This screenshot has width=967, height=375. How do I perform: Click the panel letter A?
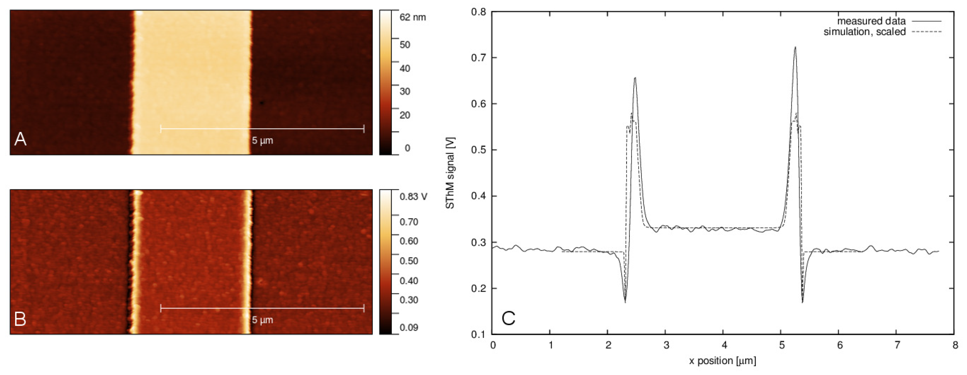coord(20,139)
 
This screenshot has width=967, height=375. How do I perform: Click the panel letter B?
coord(20,319)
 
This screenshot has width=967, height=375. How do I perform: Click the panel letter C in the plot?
coord(508,318)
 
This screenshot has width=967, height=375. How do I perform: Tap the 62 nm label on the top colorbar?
coord(413,17)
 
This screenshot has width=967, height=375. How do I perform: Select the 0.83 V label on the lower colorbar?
coord(413,197)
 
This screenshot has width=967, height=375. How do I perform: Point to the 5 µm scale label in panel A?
coord(262,141)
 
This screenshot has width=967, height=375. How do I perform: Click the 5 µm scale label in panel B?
coord(262,320)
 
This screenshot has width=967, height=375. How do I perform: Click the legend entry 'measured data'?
coord(871,21)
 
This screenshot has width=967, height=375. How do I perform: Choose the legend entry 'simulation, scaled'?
coord(865,32)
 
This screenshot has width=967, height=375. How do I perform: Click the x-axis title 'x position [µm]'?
coord(722,361)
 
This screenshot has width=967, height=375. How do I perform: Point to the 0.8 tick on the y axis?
coord(479,12)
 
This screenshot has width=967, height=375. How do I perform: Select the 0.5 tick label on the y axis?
coord(479,150)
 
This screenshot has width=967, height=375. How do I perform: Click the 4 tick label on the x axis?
coord(724,345)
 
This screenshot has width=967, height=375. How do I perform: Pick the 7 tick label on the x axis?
coord(897,345)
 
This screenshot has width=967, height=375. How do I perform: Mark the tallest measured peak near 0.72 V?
coord(795,47)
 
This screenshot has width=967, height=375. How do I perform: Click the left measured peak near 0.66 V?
coord(635,78)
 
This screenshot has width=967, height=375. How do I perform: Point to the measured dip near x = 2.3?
coord(625,302)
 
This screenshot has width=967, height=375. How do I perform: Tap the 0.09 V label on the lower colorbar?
coord(409,327)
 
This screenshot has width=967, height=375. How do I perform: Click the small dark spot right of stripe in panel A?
coord(262,102)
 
